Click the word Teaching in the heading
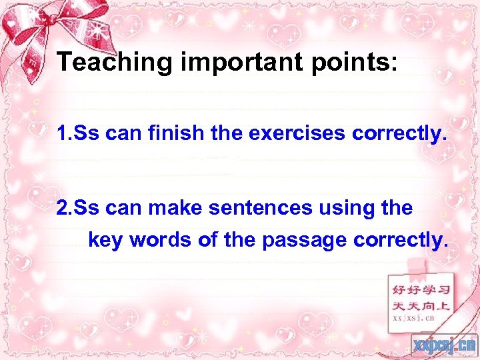pyautogui.click(x=115, y=62)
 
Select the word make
pyautogui.click(x=177, y=208)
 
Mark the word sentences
pyautogui.click(x=260, y=208)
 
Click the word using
pyautogui.click(x=347, y=208)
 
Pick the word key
pyautogui.click(x=105, y=240)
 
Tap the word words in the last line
pyautogui.click(x=161, y=240)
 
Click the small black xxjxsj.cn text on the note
pyautogui.click(x=413, y=318)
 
